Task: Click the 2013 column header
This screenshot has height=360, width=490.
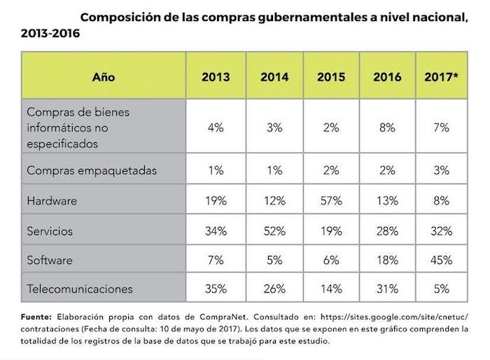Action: point(216,78)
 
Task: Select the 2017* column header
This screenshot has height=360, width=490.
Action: point(442,78)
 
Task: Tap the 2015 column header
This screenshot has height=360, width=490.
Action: point(330,78)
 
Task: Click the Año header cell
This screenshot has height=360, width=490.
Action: point(104,78)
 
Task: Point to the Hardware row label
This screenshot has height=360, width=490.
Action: point(51,201)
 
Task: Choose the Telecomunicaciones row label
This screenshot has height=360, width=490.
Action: point(79,288)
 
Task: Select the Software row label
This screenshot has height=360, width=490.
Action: point(49,260)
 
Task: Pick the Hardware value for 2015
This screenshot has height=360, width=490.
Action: point(330,201)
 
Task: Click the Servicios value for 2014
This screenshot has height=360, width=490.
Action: point(274,231)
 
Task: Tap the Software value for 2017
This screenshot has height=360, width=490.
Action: point(442,260)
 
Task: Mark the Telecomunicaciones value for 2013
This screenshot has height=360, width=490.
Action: point(216,288)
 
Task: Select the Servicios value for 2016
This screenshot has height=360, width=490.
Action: point(387,231)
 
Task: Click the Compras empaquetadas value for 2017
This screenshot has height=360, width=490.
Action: point(442,170)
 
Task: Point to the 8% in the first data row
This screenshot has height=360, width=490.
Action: point(387,128)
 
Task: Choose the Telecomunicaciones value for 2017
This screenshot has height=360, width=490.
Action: point(442,288)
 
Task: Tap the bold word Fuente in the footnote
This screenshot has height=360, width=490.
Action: point(36,317)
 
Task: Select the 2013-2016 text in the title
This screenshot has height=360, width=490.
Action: point(50,34)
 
